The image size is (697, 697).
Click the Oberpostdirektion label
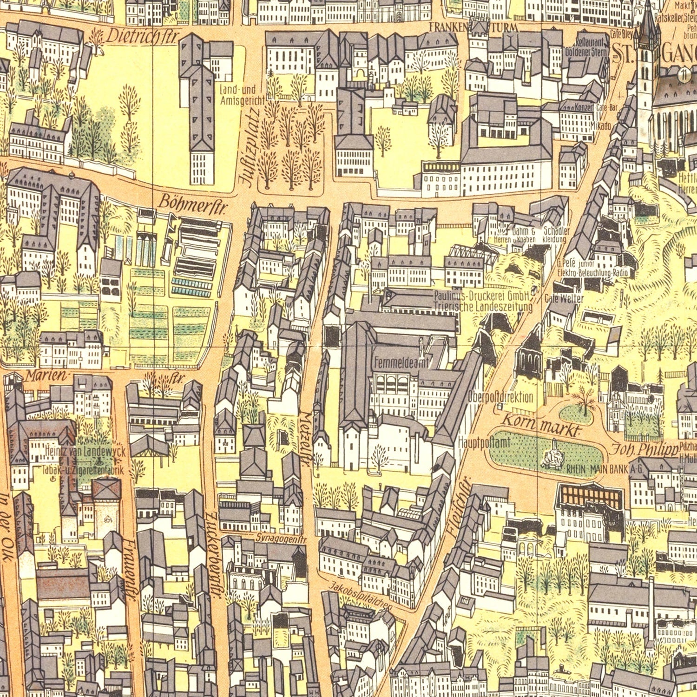[x=500, y=397]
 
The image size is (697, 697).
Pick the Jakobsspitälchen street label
[x=361, y=596]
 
